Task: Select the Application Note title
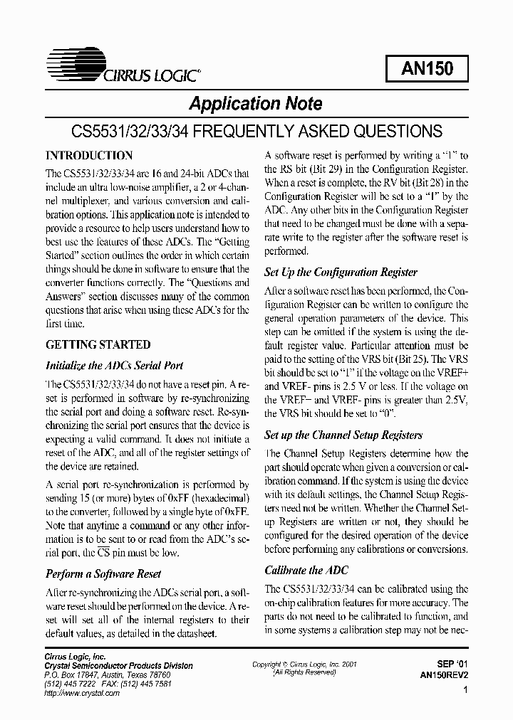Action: pos(255,104)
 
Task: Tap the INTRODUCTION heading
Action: pos(89,155)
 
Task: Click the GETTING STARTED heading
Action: pos(98,344)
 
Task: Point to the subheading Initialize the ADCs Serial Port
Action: pos(115,366)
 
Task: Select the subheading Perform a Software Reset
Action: pos(103,573)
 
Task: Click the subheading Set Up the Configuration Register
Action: pos(341,272)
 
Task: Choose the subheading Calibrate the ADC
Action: pos(306,570)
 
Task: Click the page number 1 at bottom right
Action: pos(465,690)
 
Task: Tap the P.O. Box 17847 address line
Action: pos(108,674)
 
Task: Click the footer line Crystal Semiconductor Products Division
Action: pos(119,666)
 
